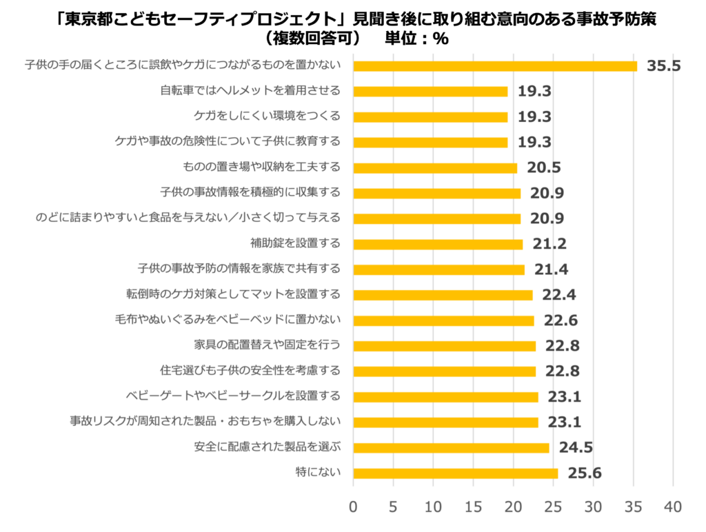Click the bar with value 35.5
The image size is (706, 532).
[495, 66]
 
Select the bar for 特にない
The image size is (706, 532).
[455, 473]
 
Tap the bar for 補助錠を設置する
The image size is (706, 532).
[438, 244]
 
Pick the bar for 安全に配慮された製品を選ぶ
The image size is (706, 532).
[451, 448]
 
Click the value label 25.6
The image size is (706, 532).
[585, 473]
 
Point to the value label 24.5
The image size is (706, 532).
[576, 448]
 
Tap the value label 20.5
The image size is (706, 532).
[545, 168]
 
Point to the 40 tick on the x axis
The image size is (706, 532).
[672, 507]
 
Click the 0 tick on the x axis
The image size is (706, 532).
[354, 507]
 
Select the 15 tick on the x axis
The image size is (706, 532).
[473, 507]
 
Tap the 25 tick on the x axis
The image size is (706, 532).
[553, 507]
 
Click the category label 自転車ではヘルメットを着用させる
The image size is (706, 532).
[250, 91]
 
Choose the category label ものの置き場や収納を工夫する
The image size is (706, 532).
[261, 167]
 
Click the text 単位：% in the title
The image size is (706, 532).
[416, 39]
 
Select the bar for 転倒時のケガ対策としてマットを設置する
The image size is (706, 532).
[443, 295]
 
